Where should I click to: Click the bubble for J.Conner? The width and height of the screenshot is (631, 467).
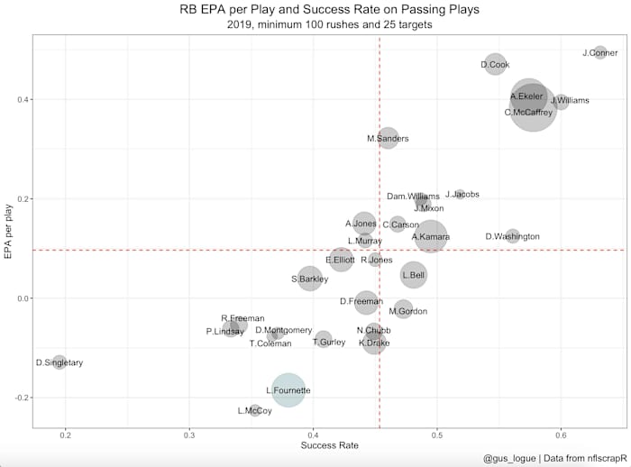click(x=600, y=53)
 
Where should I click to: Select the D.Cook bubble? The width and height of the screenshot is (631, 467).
click(x=495, y=64)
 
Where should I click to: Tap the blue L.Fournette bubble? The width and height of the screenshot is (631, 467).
click(x=288, y=390)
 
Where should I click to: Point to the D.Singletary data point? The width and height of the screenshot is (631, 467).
click(x=59, y=362)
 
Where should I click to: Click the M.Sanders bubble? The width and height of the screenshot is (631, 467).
click(x=388, y=138)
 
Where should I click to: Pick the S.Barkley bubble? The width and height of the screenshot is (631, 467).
click(x=309, y=279)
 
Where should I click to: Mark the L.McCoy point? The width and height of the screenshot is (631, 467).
click(x=255, y=410)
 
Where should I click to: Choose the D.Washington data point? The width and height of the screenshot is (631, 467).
click(x=512, y=236)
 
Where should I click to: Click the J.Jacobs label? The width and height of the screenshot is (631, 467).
click(x=462, y=195)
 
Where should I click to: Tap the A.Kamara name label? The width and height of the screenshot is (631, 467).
click(x=430, y=237)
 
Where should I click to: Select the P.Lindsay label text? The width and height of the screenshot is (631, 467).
click(x=225, y=332)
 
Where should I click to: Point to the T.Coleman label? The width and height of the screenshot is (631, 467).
click(x=270, y=343)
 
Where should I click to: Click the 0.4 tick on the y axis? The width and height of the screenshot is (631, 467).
click(x=21, y=99)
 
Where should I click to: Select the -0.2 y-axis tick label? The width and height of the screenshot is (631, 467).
click(x=19, y=398)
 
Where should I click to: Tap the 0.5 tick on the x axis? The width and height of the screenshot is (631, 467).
click(x=437, y=435)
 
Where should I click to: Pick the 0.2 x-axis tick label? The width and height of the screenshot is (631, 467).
click(x=65, y=435)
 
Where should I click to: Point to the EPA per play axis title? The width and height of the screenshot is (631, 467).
click(x=8, y=231)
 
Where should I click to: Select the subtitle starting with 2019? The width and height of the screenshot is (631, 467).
click(x=329, y=25)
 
